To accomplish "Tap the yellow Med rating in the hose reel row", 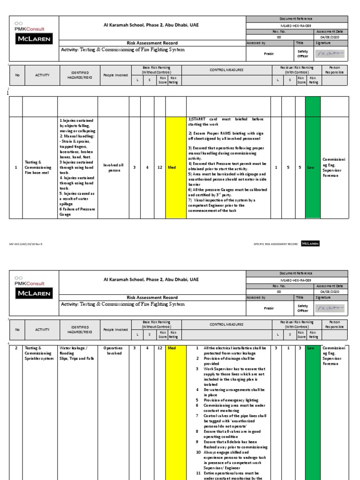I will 172,167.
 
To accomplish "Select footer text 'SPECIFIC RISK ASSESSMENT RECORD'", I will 276,244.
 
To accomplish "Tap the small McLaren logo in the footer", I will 310,243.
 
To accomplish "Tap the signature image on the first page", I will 331,54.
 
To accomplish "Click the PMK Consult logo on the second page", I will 28,281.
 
